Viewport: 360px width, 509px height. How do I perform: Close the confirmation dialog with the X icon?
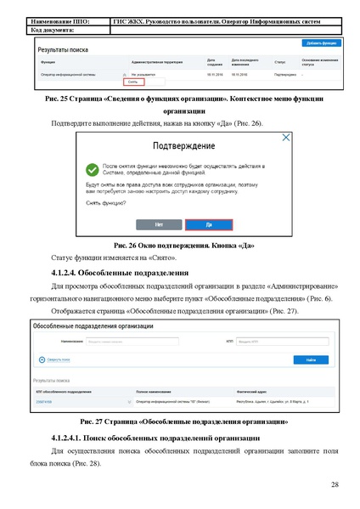pyautogui.click(x=286, y=137)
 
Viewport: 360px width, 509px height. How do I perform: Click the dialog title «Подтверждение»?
pyautogui.click(x=180, y=146)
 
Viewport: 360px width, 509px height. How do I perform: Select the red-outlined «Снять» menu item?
pyautogui.click(x=132, y=82)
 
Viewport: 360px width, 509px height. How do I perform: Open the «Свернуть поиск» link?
pyautogui.click(x=55, y=359)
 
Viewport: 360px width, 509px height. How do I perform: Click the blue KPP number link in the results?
pyautogui.click(x=44, y=400)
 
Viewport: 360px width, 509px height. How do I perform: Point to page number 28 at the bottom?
pyautogui.click(x=335, y=484)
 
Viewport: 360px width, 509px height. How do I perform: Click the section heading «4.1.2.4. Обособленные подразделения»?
pyautogui.click(x=120, y=273)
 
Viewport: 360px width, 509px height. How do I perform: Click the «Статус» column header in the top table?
pyautogui.click(x=279, y=62)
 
